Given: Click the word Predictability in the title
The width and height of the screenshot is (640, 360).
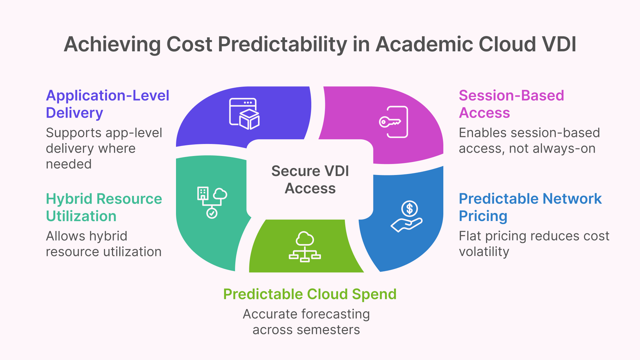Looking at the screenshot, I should [x=282, y=45].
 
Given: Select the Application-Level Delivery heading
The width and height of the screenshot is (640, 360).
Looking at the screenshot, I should [x=107, y=104].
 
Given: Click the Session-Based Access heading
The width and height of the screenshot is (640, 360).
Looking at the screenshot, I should [x=511, y=104].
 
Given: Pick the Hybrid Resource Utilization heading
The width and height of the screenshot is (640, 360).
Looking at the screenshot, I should [x=104, y=207].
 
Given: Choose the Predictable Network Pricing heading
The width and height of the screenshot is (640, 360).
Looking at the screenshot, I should [x=530, y=207].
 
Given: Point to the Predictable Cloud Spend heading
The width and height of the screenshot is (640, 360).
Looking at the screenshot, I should [x=310, y=294].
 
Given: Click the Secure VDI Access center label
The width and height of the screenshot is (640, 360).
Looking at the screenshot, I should [x=310, y=180].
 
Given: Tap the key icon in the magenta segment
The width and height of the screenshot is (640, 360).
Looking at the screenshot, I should [x=389, y=122].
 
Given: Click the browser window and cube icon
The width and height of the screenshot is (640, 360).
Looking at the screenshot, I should [x=244, y=114].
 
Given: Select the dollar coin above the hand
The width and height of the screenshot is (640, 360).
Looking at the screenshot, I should [x=410, y=209].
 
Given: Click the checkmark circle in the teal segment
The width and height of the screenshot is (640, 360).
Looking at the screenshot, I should [x=212, y=213].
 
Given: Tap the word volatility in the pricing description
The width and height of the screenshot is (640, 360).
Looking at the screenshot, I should [x=484, y=252].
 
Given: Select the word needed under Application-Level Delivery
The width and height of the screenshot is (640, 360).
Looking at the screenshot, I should [x=69, y=164].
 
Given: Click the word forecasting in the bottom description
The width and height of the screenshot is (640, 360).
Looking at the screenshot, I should [x=336, y=314].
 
